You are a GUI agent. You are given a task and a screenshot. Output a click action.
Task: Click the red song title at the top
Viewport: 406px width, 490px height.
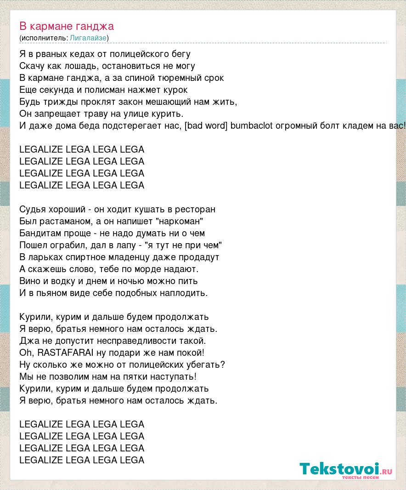(67, 26)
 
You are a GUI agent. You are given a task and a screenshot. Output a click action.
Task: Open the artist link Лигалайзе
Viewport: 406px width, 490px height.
(88, 38)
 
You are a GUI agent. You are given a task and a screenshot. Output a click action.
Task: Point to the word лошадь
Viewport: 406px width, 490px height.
(80, 66)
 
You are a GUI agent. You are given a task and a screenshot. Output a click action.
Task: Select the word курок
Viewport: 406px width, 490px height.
(175, 90)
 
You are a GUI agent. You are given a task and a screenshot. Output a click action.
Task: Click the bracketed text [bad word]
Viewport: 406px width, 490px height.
(205, 125)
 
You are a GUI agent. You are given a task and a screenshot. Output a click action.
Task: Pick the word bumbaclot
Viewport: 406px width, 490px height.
(252, 125)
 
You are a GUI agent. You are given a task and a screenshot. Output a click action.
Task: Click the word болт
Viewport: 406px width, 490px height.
(327, 125)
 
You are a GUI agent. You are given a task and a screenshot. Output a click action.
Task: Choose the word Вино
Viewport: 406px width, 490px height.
(30, 281)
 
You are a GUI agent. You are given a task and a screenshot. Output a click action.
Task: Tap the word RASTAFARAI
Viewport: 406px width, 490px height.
(65, 353)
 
